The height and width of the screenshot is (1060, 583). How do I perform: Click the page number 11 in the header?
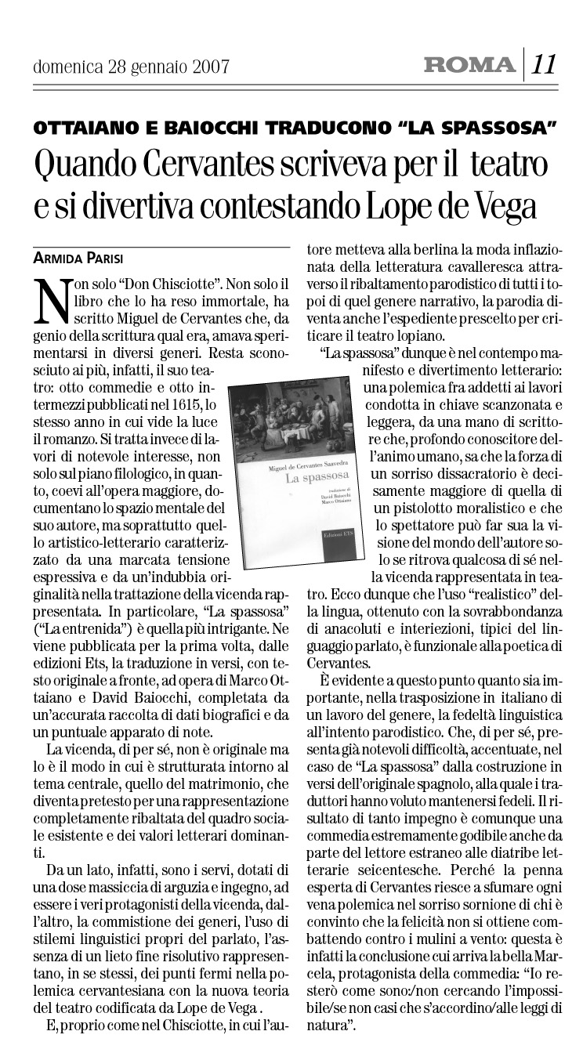click(546, 63)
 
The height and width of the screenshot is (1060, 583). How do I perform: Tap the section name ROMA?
click(469, 65)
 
